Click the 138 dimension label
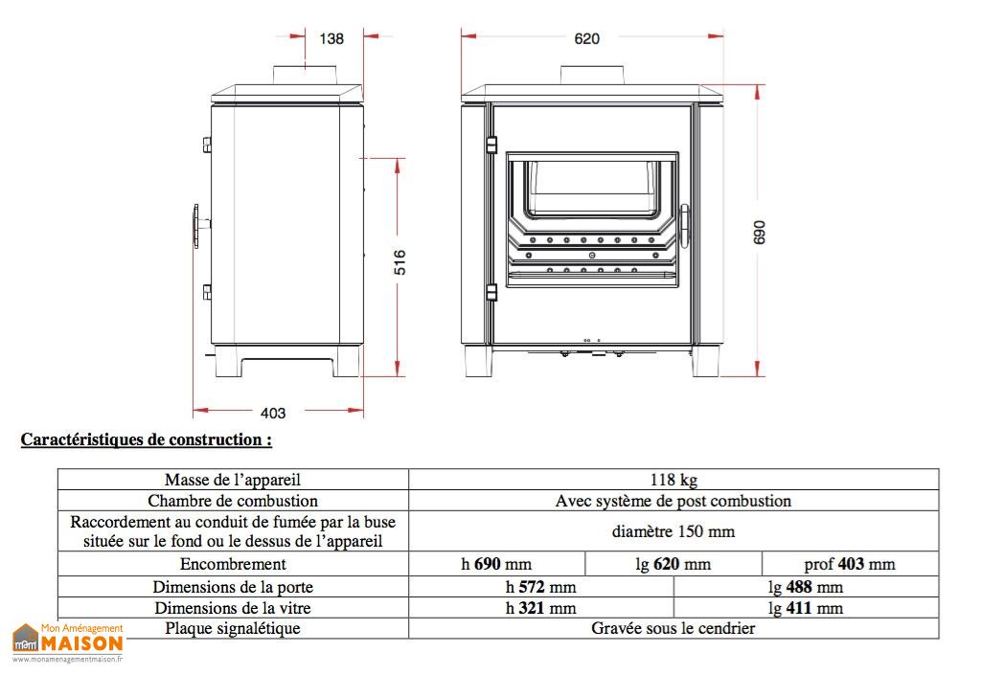tap(331, 38)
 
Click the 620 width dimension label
tap(587, 38)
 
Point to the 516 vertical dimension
tap(399, 262)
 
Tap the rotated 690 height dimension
tap(759, 233)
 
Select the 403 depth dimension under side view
tap(273, 413)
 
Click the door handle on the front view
tap(683, 228)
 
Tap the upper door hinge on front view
tap(491, 145)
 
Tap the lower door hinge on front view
tap(491, 292)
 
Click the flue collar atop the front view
tap(592, 75)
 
